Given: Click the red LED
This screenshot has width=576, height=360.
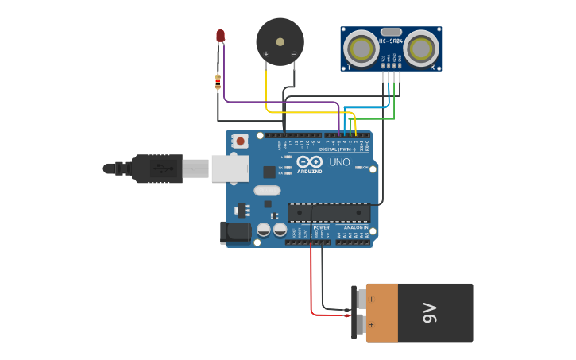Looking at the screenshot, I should [x=220, y=36].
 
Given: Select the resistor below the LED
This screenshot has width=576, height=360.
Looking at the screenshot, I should [x=218, y=81].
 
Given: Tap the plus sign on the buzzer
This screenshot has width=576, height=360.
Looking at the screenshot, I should [x=266, y=54].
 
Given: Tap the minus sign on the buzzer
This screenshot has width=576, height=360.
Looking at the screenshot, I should [x=294, y=54].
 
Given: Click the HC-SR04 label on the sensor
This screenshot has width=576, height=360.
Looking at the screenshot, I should [x=391, y=41].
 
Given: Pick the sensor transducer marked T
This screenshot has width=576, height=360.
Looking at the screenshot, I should [x=363, y=48].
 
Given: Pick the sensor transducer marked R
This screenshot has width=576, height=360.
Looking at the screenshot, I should [x=419, y=48].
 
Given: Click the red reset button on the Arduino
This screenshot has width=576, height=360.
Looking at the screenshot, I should [x=241, y=141].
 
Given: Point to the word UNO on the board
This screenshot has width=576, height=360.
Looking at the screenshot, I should [x=339, y=162].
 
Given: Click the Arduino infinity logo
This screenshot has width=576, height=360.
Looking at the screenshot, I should [x=308, y=162].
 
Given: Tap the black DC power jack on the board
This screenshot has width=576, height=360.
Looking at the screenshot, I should [x=232, y=232].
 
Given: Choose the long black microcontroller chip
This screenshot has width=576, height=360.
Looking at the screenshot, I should [x=328, y=212].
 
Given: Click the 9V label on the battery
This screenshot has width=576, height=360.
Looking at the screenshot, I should [x=430, y=313].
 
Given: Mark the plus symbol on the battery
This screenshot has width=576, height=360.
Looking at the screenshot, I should [x=371, y=324].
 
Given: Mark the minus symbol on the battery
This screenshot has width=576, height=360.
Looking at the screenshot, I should [x=371, y=300].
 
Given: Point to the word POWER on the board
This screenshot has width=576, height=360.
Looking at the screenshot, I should [x=321, y=228].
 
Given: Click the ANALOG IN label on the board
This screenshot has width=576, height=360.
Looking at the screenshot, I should [x=355, y=228].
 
